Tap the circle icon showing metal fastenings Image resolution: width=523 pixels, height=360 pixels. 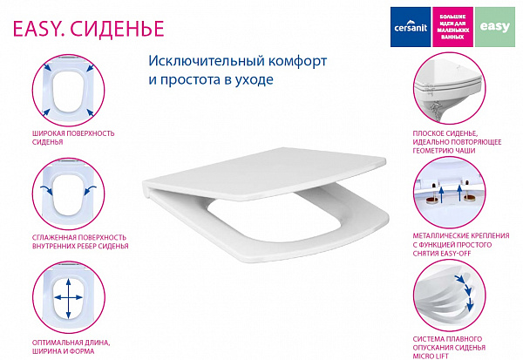(446, 192)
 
